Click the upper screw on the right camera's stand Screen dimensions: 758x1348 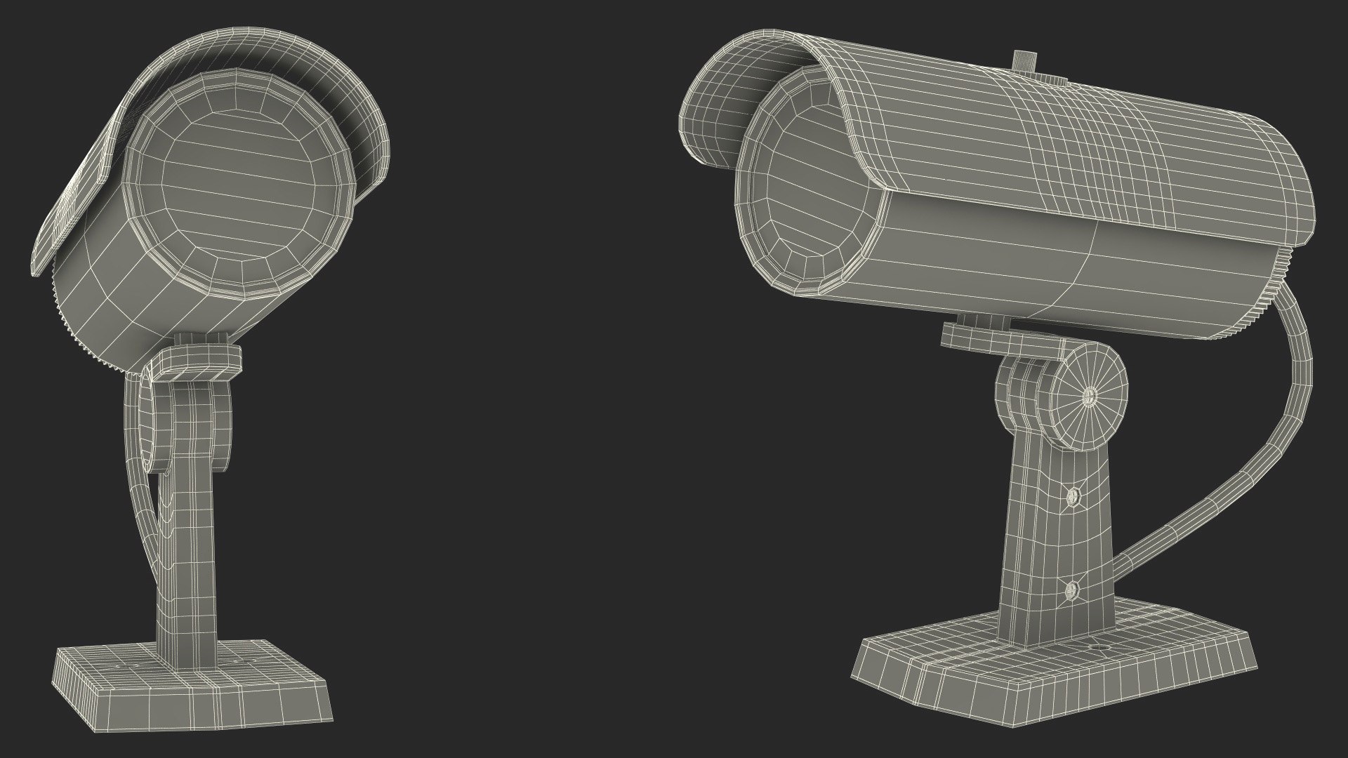click(x=1073, y=497)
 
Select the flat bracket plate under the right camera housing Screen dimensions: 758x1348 click(x=997, y=340)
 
